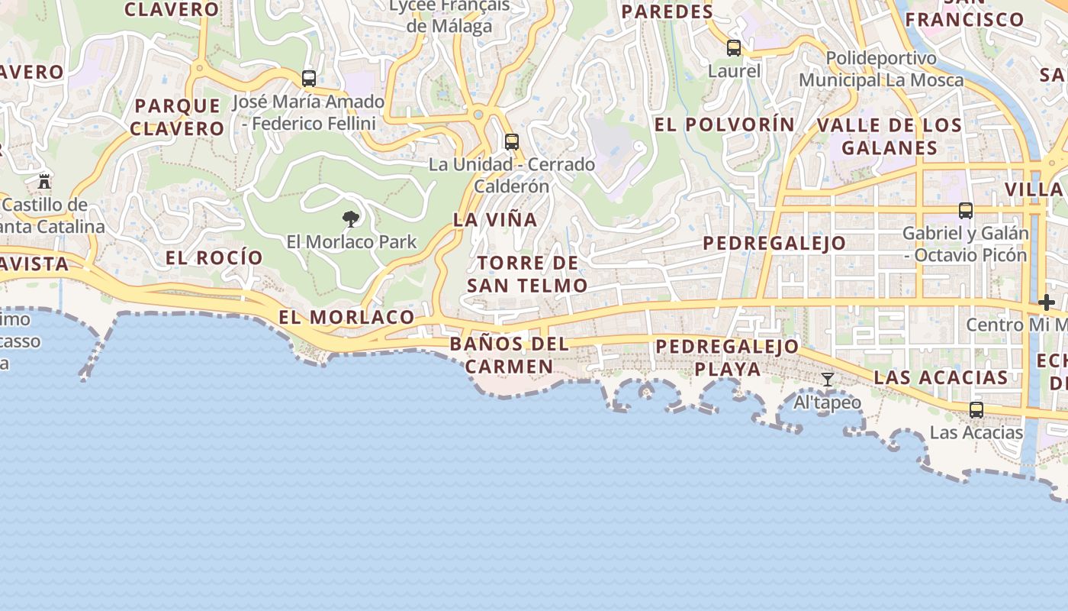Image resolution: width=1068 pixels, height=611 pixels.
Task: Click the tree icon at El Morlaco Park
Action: pyautogui.click(x=351, y=220)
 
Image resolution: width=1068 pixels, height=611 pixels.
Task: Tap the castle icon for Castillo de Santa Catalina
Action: pyautogui.click(x=44, y=182)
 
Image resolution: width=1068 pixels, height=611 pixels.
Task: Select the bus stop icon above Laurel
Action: pyautogui.click(x=734, y=48)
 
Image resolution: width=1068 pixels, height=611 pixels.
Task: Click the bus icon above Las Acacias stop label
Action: pyautogui.click(x=976, y=410)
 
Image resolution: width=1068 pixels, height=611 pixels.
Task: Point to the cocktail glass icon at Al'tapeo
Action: pyautogui.click(x=828, y=380)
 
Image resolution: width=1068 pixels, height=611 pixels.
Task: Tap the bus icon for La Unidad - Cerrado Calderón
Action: pyautogui.click(x=511, y=142)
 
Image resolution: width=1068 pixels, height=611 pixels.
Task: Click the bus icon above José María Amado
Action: pyautogui.click(x=309, y=79)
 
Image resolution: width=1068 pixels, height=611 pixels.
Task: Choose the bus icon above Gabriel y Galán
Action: pyautogui.click(x=966, y=211)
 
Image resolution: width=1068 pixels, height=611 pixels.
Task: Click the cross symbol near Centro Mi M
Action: pyautogui.click(x=1046, y=302)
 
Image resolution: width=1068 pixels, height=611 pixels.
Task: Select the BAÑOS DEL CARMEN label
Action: pyautogui.click(x=510, y=355)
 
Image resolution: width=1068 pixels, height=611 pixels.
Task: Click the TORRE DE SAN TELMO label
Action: pyautogui.click(x=527, y=275)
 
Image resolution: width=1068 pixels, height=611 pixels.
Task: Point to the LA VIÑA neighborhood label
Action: pyautogui.click(x=495, y=220)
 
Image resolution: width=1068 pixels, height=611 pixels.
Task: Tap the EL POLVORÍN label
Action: pyautogui.click(x=725, y=124)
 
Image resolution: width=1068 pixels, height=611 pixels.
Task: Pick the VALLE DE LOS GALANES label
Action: pyautogui.click(x=889, y=136)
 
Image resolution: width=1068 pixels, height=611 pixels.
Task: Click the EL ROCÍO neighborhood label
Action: pyautogui.click(x=214, y=257)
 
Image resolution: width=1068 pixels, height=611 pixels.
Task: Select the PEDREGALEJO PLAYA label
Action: pyautogui.click(x=727, y=357)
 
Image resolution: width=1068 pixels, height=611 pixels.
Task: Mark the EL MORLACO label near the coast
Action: pyautogui.click(x=346, y=318)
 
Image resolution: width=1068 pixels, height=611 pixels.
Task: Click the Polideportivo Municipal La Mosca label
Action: pyautogui.click(x=881, y=69)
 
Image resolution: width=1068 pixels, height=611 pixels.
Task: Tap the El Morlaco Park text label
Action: pyautogui.click(x=352, y=242)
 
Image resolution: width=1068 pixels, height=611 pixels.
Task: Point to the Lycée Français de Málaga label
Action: pyautogui.click(x=449, y=15)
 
